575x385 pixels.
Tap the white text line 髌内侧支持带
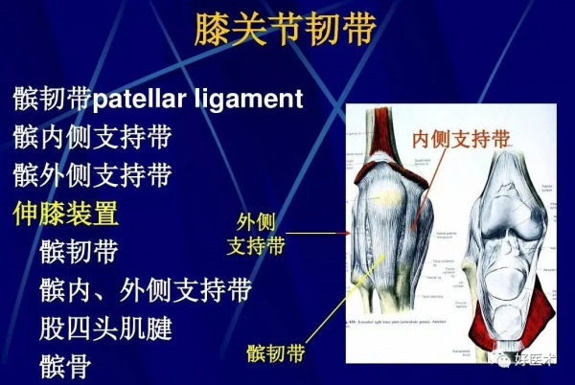tap(92, 137)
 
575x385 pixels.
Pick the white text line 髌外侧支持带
tap(92, 175)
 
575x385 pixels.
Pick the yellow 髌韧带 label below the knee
tap(276, 353)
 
